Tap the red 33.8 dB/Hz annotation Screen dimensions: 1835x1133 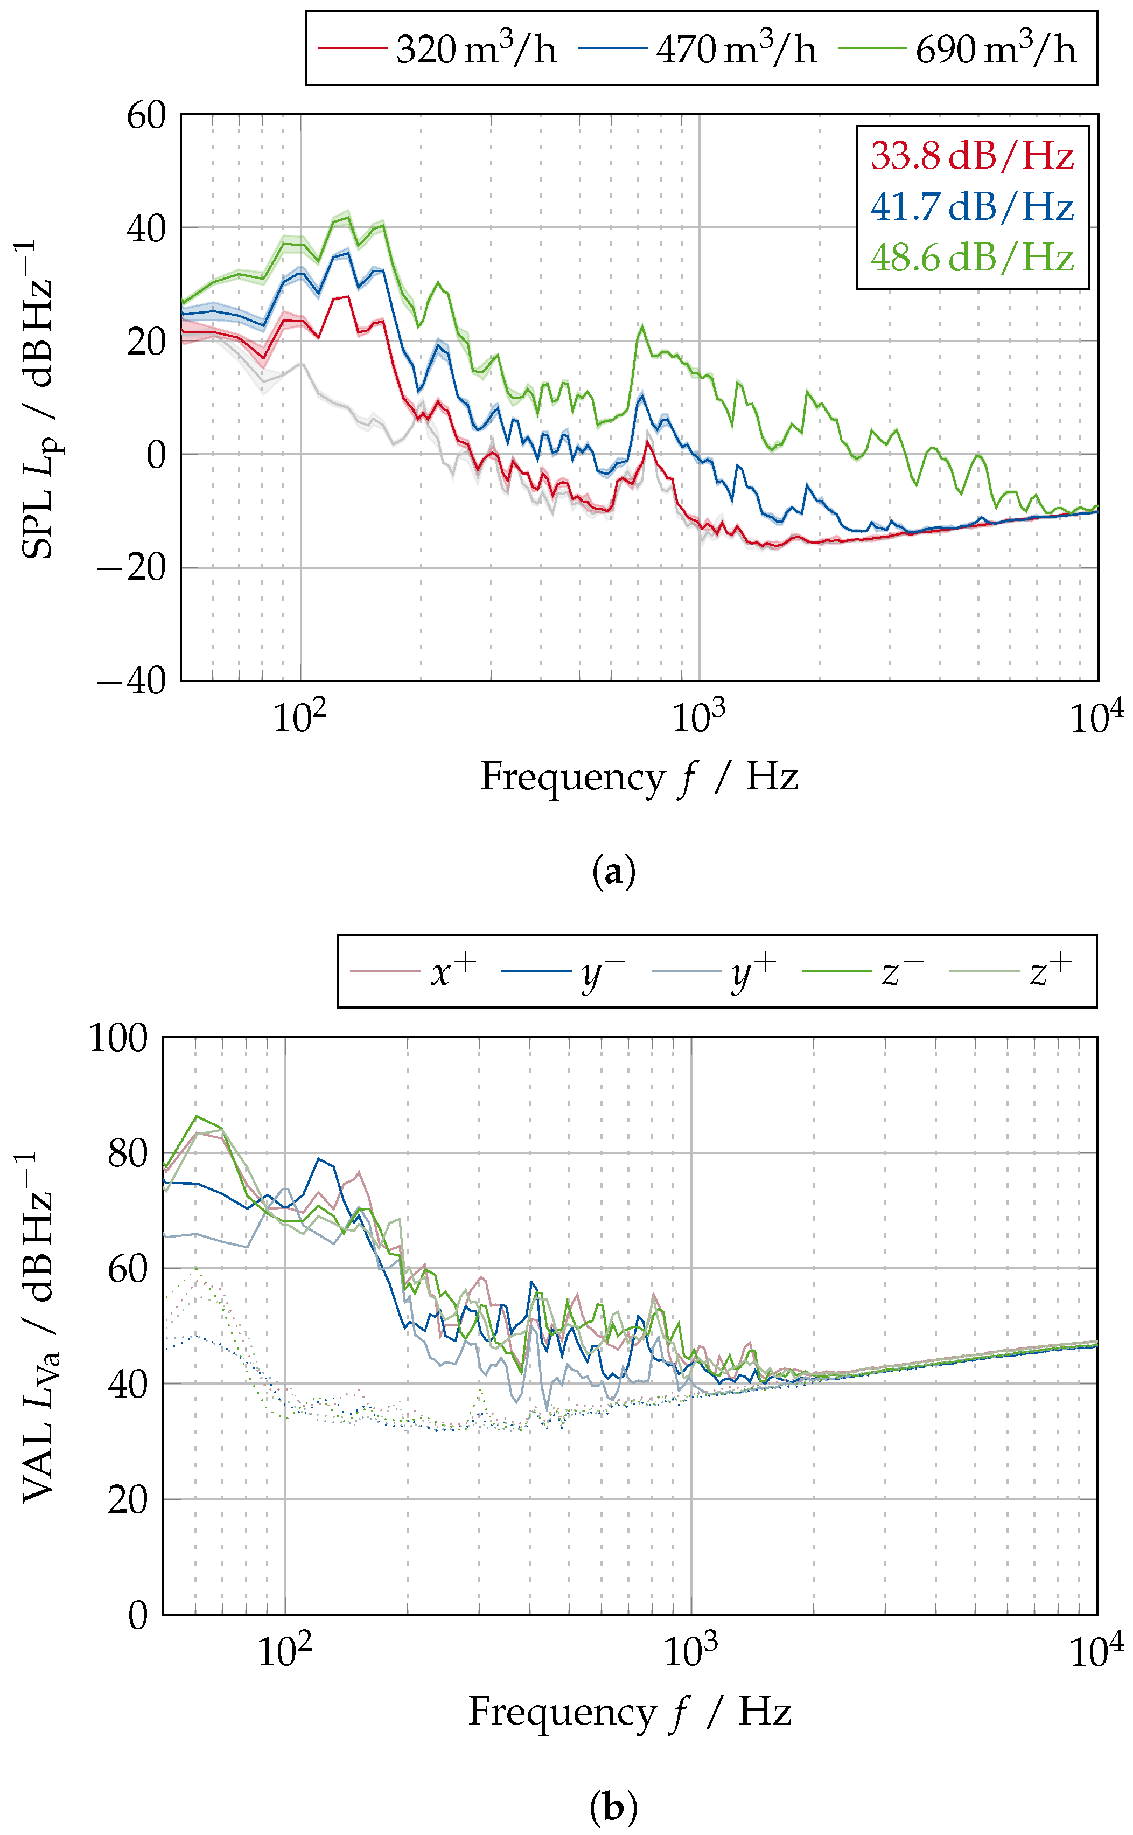pos(972,155)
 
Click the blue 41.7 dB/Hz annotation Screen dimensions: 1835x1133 pos(972,206)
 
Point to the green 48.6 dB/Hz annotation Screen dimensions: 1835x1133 pos(972,257)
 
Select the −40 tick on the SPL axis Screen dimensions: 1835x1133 pos(132,680)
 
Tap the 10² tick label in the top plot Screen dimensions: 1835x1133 pos(299,718)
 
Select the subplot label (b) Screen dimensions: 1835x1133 pos(613,1806)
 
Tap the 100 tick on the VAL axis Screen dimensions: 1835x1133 pos(118,1038)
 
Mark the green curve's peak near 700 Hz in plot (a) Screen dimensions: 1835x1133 pos(641,328)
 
